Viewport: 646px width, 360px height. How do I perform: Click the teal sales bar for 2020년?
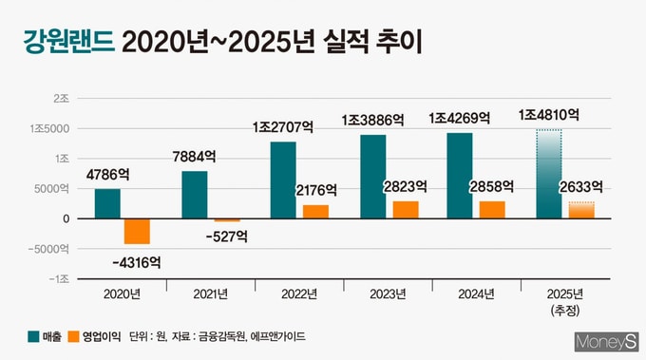pos(107,203)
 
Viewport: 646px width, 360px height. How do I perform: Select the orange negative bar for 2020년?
pos(137,232)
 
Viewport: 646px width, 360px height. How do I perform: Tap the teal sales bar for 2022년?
pos(283,180)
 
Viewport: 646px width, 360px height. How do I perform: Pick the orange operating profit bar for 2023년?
pos(406,210)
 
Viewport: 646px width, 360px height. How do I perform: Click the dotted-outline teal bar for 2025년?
pos(549,174)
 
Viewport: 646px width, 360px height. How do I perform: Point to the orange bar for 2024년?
pos(492,210)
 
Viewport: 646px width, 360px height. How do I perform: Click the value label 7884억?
pos(194,157)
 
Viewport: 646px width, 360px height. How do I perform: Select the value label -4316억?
pos(137,262)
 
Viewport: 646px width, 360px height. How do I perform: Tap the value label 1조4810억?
pos(549,115)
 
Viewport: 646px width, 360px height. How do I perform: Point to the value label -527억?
pos(227,237)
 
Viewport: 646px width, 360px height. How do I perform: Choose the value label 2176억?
pos(316,190)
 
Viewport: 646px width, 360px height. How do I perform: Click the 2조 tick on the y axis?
pos(62,99)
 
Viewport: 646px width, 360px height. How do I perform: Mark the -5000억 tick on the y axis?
pos(48,249)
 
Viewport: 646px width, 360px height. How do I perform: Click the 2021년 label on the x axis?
pos(211,294)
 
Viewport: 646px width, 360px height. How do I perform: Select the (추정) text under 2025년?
pos(565,311)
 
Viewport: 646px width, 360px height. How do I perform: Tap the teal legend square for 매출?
pos(33,336)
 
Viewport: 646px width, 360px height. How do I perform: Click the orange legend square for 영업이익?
pos(73,336)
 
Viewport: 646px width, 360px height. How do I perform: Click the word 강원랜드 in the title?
pos(68,42)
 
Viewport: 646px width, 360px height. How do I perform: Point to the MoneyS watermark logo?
pos(606,342)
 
